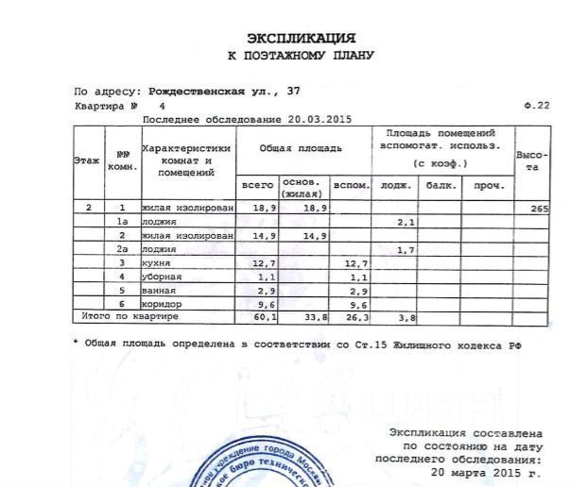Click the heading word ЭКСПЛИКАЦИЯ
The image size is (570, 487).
click(301, 38)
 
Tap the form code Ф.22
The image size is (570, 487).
click(535, 106)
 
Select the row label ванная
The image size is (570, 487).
click(158, 291)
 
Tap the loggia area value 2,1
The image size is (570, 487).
click(406, 221)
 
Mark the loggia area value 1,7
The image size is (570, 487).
click(406, 249)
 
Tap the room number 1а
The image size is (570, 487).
click(122, 221)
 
